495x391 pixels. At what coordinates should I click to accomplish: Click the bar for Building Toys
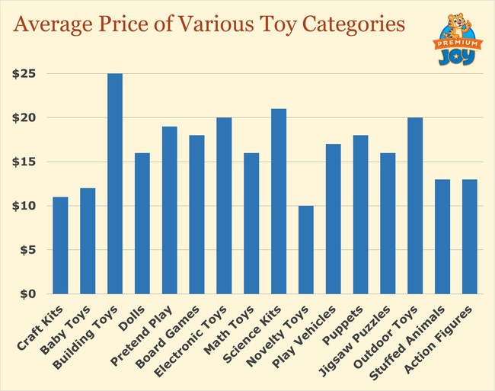115,184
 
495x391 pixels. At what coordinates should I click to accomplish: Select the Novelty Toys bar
305,249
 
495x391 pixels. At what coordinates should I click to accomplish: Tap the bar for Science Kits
279,201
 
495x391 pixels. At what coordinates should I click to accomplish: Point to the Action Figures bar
469,236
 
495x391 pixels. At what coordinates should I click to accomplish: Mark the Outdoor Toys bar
415,206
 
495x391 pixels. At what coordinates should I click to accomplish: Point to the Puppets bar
360,214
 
